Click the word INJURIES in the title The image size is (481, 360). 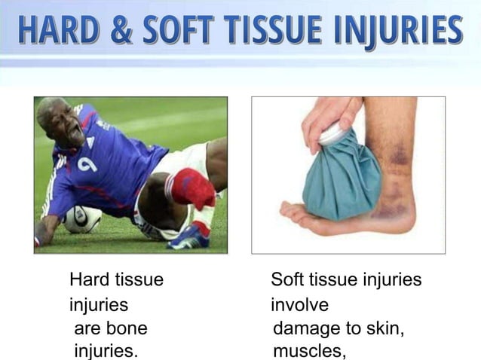(x=399, y=30)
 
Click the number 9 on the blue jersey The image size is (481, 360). (x=87, y=163)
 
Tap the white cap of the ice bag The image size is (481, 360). (x=332, y=133)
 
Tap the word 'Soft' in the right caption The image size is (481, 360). (x=287, y=281)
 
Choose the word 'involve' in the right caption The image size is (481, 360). (x=299, y=306)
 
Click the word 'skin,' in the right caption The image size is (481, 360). (x=385, y=330)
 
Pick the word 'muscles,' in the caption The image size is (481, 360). (x=309, y=351)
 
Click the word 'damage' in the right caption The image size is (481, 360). (x=306, y=330)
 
